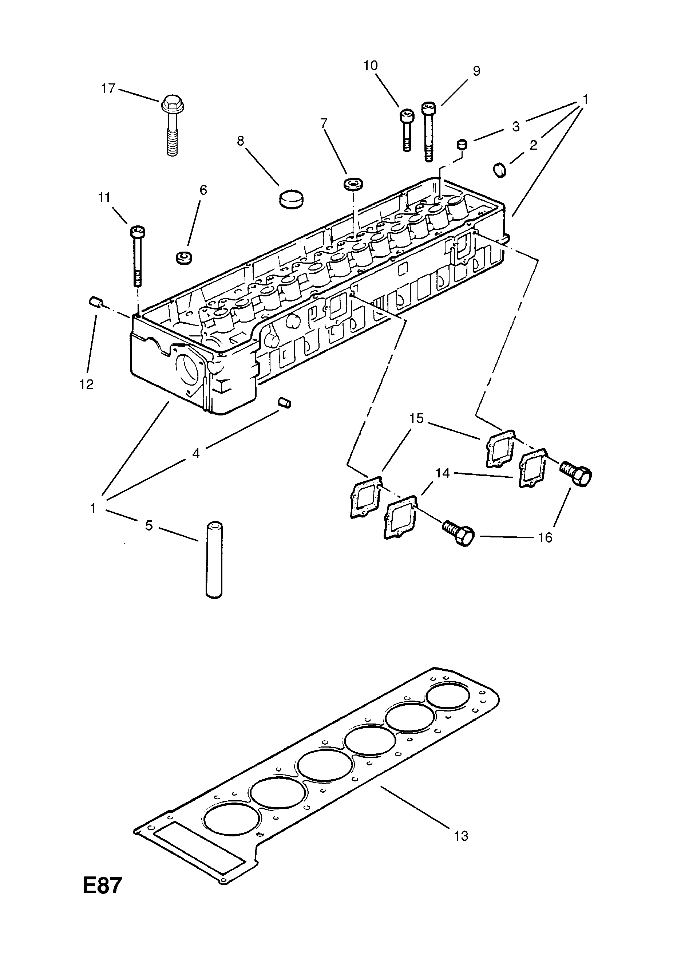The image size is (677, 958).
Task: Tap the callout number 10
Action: tap(370, 66)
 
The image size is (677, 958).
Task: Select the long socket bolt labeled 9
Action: tap(428, 131)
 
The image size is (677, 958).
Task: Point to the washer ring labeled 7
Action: tap(353, 184)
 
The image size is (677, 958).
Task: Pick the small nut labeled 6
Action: tap(183, 257)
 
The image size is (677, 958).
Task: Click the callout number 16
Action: tap(545, 537)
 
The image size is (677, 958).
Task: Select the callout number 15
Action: tap(416, 418)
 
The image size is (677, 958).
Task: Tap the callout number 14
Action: tap(443, 473)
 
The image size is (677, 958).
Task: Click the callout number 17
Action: tap(108, 88)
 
